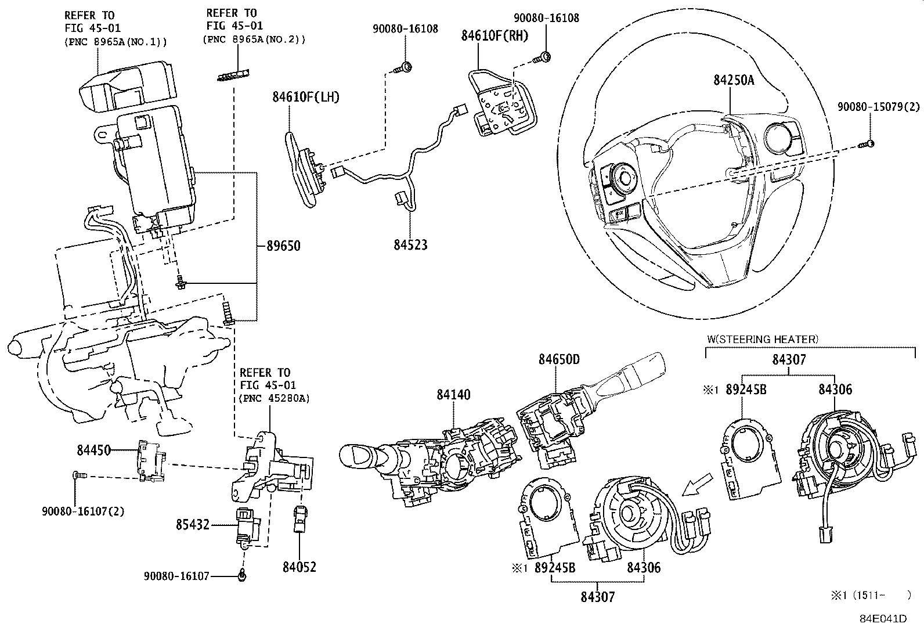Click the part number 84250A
734,80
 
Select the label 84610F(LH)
306,97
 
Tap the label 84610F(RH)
495,35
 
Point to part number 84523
410,245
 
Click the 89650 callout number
283,246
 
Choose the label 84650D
559,359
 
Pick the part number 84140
453,395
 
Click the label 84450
94,450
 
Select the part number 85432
193,525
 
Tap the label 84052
299,567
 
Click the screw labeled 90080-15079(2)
867,144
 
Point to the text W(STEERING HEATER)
763,339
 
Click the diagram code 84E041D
883,619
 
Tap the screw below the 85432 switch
243,575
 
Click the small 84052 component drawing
299,519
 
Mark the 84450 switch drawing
151,460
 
